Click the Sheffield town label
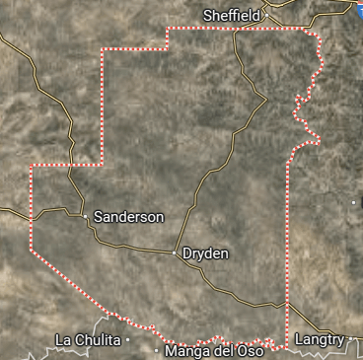(x=232, y=15)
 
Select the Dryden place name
(x=205, y=253)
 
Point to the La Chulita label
(x=88, y=339)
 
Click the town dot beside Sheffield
(x=265, y=15)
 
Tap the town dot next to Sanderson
(x=86, y=215)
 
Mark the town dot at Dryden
(x=176, y=253)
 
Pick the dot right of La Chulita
(x=128, y=339)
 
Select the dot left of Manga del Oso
(x=157, y=350)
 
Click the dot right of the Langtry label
(x=350, y=339)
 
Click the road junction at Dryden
(x=176, y=253)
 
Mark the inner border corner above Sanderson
(x=103, y=165)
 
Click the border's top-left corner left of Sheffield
(x=168, y=30)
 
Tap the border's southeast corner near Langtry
(x=287, y=347)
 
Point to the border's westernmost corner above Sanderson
(x=31, y=166)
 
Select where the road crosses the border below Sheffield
(x=236, y=30)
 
